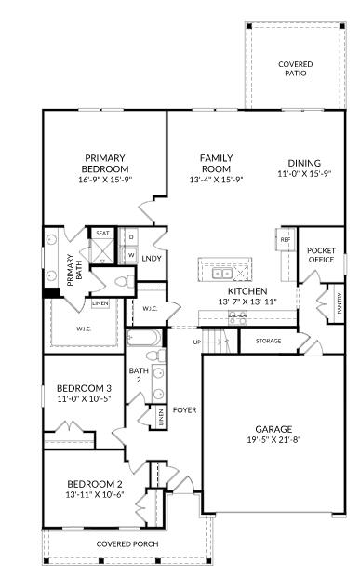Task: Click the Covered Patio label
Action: pos(295,69)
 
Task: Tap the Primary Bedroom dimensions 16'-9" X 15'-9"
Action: pos(105,180)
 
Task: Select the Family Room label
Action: pos(216,164)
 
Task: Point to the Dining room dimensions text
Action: pos(304,174)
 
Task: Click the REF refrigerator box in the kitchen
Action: pos(286,239)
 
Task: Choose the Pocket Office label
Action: pos(321,255)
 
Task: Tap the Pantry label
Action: pos(339,303)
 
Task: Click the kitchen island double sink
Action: pos(221,274)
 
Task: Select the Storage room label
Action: pos(269,342)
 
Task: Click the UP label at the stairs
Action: pos(197,342)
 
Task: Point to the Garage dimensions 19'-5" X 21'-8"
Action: pos(273,439)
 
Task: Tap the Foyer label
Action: pos(184,409)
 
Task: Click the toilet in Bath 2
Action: pos(155,356)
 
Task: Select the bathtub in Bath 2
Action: pos(144,338)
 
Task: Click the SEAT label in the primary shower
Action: pos(102,234)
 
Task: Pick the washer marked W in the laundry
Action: pos(131,254)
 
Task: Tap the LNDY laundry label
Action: pos(152,259)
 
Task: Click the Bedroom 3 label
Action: pos(85,388)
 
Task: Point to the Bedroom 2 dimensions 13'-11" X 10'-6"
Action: pos(95,494)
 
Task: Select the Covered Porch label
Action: pos(127,543)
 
